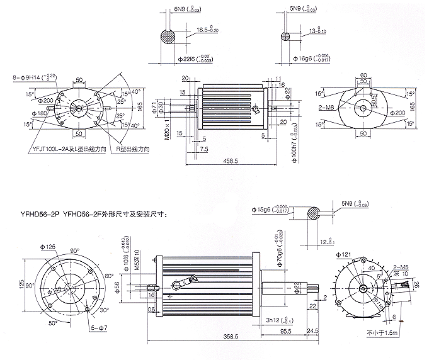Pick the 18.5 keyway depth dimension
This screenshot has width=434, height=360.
(x=205, y=29)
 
